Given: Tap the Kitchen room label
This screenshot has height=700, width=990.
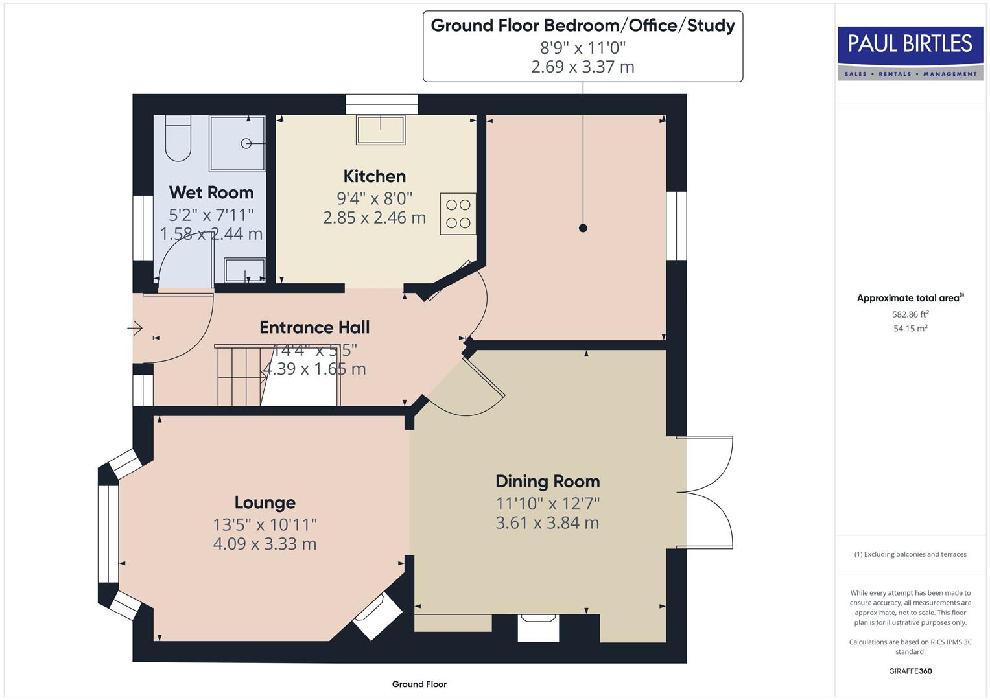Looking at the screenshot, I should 374,176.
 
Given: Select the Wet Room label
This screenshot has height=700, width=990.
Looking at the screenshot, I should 211,192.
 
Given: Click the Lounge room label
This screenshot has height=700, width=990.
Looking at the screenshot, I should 265,502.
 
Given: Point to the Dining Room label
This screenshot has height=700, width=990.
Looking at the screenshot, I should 547,482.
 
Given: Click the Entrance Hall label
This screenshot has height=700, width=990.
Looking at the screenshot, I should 314,327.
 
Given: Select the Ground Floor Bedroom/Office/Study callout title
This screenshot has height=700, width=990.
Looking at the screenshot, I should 582,26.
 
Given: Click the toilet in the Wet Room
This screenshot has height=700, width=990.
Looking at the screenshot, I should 178,139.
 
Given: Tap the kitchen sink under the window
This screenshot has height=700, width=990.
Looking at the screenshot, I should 381,130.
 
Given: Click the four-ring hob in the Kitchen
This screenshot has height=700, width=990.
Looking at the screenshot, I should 458,214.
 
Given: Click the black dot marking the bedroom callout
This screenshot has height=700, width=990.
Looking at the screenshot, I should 583,228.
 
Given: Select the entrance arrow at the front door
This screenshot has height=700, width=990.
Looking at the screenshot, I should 135,329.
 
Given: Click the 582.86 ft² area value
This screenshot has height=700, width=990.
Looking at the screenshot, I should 910,315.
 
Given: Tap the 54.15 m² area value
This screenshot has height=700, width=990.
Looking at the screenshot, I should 910,329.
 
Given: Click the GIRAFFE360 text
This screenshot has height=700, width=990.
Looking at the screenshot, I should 910,671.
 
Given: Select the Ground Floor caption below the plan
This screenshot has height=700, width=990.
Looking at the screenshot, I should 419,684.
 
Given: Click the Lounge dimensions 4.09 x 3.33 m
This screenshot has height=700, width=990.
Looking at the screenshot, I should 265,544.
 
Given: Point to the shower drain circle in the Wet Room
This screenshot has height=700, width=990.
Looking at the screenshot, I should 246,144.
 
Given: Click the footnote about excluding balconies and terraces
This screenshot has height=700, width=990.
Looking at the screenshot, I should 910,554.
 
